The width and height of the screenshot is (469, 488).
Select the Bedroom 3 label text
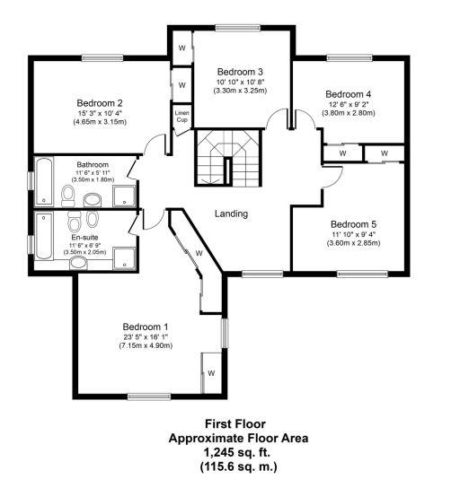(240, 72)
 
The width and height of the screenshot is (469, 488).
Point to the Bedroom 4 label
(348, 94)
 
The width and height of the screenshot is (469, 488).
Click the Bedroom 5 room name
(352, 224)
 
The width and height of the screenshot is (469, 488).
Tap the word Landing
(231, 213)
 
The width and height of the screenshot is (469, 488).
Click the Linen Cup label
(181, 116)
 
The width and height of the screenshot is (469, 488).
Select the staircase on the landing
(228, 156)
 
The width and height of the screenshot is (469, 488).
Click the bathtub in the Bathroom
(43, 181)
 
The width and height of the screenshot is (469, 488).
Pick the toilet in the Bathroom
(68, 196)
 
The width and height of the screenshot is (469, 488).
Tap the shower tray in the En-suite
(125, 257)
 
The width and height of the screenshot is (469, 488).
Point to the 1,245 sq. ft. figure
(238, 452)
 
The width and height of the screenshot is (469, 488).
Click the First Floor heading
(238, 423)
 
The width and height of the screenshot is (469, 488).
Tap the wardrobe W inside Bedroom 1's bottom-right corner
(211, 372)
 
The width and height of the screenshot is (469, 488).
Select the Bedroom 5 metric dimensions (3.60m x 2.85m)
(353, 243)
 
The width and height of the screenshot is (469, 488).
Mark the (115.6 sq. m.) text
(238, 466)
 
